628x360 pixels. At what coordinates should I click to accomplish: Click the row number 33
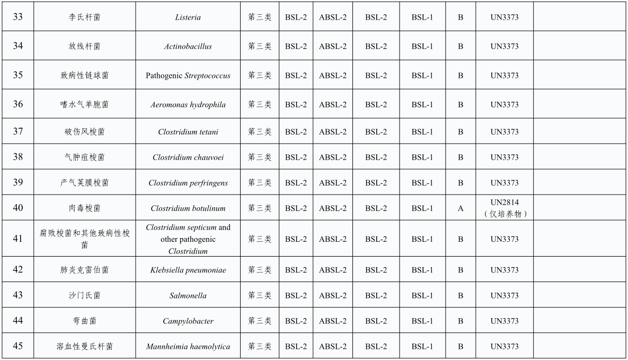coord(18,17)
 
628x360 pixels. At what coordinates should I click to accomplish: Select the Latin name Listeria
coord(188,17)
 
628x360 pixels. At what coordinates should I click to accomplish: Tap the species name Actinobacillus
coord(188,46)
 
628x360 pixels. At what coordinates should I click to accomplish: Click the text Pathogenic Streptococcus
coord(188,75)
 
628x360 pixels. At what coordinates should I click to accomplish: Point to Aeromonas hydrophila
coord(188,104)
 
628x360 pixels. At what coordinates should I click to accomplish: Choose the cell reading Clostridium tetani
coord(188,131)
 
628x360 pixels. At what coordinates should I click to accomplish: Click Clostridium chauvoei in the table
coord(188,157)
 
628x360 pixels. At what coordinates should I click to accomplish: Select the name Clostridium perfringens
coord(188,183)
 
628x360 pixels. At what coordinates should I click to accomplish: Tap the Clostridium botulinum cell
coord(188,208)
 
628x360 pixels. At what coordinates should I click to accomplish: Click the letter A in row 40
coord(461,208)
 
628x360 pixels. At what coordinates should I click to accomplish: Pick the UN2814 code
coord(504,202)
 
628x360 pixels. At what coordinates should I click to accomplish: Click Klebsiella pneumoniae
coord(188,270)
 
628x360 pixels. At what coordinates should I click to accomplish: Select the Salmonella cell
coord(188,295)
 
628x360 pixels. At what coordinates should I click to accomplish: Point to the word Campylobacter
coord(188,321)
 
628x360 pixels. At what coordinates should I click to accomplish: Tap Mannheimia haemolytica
coord(188,347)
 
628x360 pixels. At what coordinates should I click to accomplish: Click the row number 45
coord(18,346)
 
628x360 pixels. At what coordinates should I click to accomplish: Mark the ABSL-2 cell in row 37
coord(332,131)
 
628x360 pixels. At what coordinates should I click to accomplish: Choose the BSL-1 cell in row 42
coord(422,270)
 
